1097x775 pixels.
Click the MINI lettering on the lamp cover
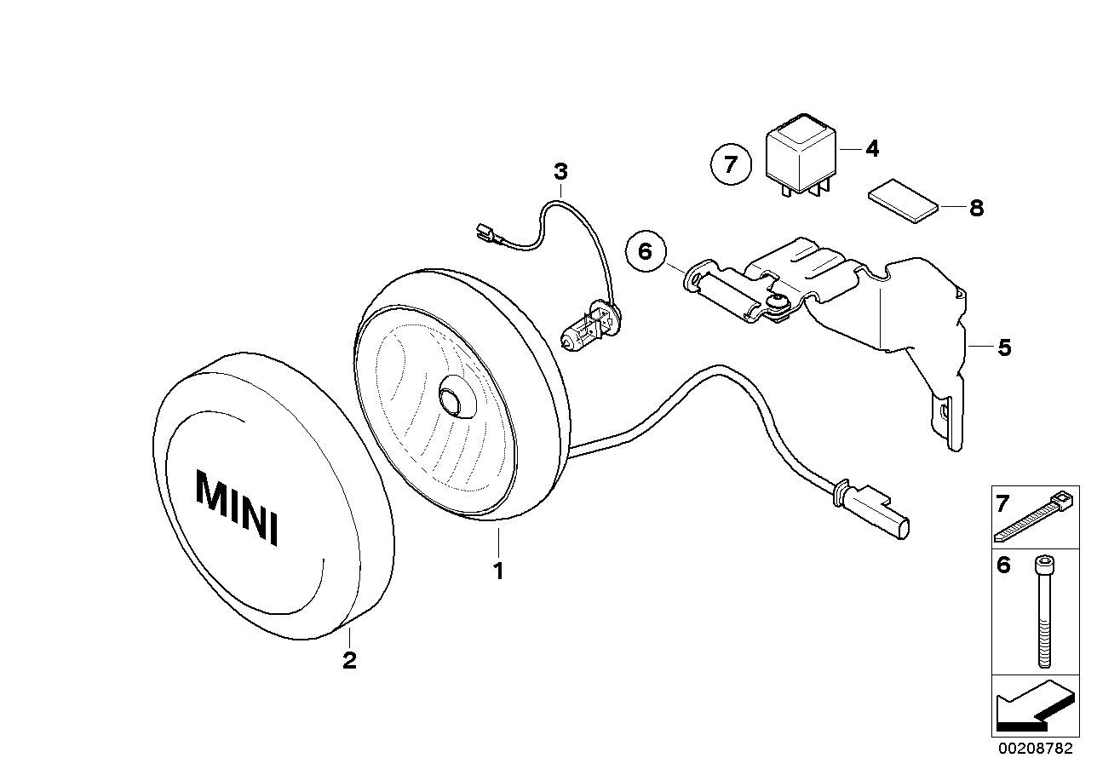(237, 508)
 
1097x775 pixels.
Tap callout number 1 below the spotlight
(498, 571)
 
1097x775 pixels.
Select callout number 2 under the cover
(349, 661)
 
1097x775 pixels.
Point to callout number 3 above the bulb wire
(560, 172)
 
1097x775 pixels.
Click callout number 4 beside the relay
(872, 148)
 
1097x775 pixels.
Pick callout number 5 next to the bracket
(1004, 347)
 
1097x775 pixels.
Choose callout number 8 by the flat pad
(977, 209)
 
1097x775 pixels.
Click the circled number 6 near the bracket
(646, 251)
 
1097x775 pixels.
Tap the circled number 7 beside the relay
(731, 164)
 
